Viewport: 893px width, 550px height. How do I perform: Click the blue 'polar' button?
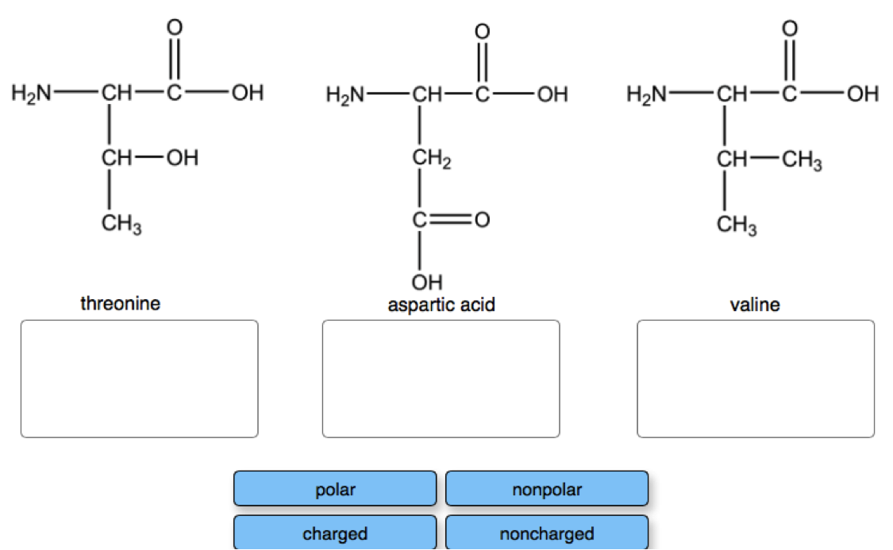(334, 489)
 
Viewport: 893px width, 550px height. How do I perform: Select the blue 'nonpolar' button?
(546, 489)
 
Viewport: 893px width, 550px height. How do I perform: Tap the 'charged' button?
(334, 533)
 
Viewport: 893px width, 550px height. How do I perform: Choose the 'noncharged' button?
(546, 533)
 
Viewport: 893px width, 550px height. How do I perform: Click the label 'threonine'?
(120, 302)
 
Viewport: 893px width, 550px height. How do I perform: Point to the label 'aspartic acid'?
(441, 304)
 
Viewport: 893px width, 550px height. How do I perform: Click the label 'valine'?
(754, 304)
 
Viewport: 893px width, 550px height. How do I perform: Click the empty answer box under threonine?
(139, 379)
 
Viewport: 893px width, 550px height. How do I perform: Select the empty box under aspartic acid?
(441, 379)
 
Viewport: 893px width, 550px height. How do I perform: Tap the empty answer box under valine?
(755, 379)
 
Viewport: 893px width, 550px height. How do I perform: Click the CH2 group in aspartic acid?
(431, 160)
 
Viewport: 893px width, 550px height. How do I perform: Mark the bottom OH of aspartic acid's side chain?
(426, 281)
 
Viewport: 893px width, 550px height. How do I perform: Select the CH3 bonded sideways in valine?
(802, 162)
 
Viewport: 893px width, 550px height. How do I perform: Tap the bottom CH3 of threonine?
(121, 226)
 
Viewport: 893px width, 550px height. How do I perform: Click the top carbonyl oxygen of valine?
(788, 26)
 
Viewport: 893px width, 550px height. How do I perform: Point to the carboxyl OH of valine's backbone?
(862, 95)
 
